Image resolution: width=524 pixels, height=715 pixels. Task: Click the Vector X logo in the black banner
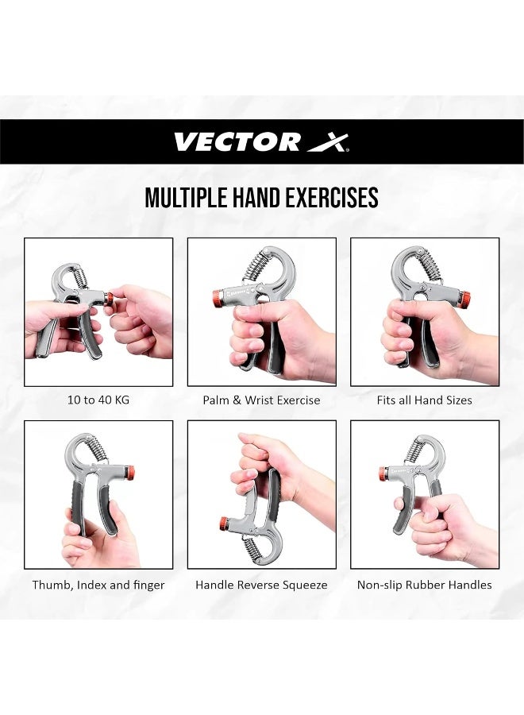pos(261,142)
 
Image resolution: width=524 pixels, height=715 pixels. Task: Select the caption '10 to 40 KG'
pos(98,400)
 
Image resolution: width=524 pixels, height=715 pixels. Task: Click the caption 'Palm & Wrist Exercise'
pos(261,400)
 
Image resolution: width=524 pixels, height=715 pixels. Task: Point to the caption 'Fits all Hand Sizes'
pos(424,400)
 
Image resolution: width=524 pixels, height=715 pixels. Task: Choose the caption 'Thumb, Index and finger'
pos(98,586)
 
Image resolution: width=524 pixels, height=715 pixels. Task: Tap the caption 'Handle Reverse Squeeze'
pos(261,586)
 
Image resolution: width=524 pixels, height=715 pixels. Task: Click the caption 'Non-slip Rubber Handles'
pos(424,586)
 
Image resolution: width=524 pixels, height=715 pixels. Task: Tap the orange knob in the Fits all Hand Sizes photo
pos(464,300)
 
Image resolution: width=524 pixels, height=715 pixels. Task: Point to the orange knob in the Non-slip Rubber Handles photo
pos(383,474)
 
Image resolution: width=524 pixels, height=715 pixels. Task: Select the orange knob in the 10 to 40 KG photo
pos(109,299)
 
